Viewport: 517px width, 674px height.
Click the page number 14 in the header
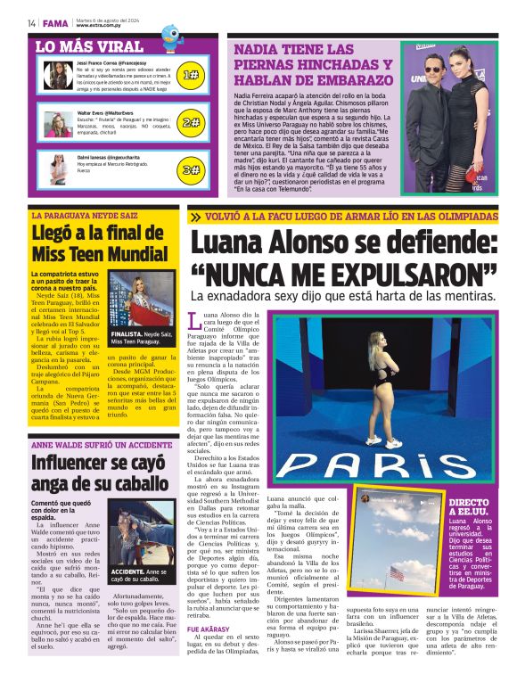coord(31,22)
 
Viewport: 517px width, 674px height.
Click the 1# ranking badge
coord(190,76)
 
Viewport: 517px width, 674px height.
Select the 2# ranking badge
coord(190,122)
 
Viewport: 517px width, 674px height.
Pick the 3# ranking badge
coord(190,168)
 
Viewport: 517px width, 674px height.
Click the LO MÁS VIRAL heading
coord(90,46)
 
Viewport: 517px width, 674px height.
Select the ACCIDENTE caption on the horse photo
coord(130,571)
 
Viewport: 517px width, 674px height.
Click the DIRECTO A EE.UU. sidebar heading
coord(468,508)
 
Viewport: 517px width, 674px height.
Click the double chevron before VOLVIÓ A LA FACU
coord(194,216)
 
